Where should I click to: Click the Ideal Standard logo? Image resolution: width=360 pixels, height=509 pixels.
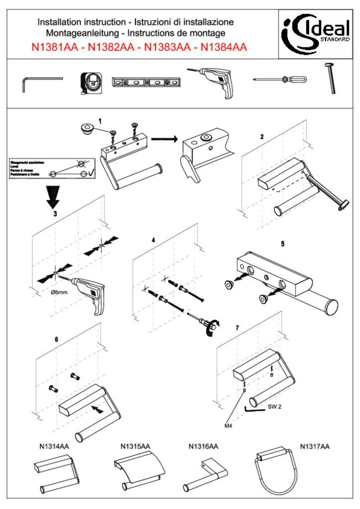click(317, 32)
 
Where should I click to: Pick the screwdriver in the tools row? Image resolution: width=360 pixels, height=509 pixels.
click(279, 80)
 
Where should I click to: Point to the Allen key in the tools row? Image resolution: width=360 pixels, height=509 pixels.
click(42, 84)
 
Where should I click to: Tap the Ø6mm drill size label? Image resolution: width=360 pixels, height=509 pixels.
click(60, 293)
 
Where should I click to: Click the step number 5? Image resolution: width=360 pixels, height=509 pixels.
click(282, 245)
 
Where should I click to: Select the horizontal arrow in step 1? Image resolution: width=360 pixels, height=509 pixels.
click(165, 139)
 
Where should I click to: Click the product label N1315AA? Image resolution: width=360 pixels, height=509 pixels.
click(135, 446)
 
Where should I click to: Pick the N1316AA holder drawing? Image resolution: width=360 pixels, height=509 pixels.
click(204, 474)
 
